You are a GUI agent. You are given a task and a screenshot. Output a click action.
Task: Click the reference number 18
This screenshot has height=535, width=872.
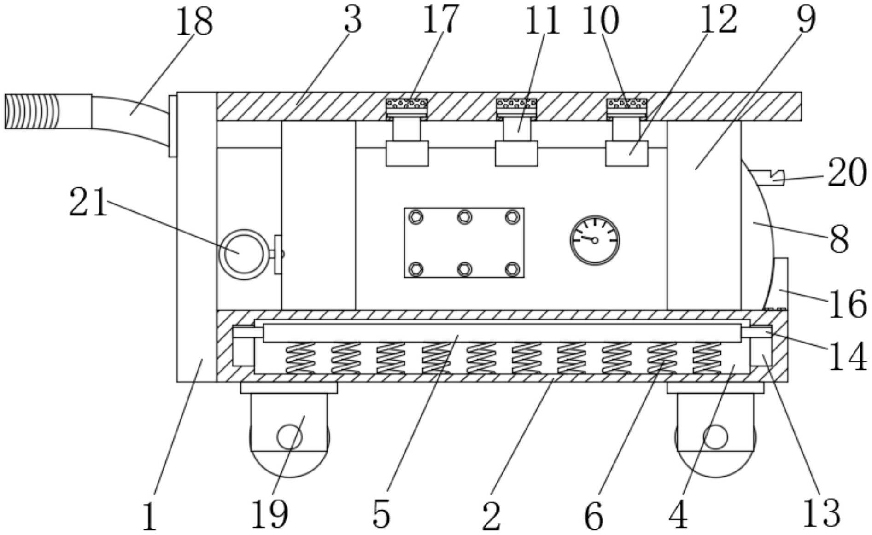194,22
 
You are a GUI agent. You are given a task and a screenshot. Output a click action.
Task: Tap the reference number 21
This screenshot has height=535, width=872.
88,203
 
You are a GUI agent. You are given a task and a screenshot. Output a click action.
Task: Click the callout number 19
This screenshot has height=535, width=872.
270,514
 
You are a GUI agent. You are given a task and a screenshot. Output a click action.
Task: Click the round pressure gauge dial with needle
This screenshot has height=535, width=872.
595,240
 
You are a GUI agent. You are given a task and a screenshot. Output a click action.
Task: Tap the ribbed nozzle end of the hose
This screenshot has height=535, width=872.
32,111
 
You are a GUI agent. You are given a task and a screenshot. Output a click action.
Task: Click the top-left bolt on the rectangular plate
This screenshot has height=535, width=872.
416,217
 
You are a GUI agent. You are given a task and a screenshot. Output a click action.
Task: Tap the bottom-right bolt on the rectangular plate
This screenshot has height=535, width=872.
512,268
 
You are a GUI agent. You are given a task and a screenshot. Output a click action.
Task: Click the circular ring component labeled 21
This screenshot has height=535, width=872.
244,254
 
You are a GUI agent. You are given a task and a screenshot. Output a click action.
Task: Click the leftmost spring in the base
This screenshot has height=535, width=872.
300,358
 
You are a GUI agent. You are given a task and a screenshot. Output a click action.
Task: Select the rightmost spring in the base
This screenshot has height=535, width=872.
707,358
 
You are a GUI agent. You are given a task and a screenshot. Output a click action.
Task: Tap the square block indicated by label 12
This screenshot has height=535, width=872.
626,154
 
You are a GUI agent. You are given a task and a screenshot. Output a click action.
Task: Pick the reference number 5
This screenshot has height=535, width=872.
381,514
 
